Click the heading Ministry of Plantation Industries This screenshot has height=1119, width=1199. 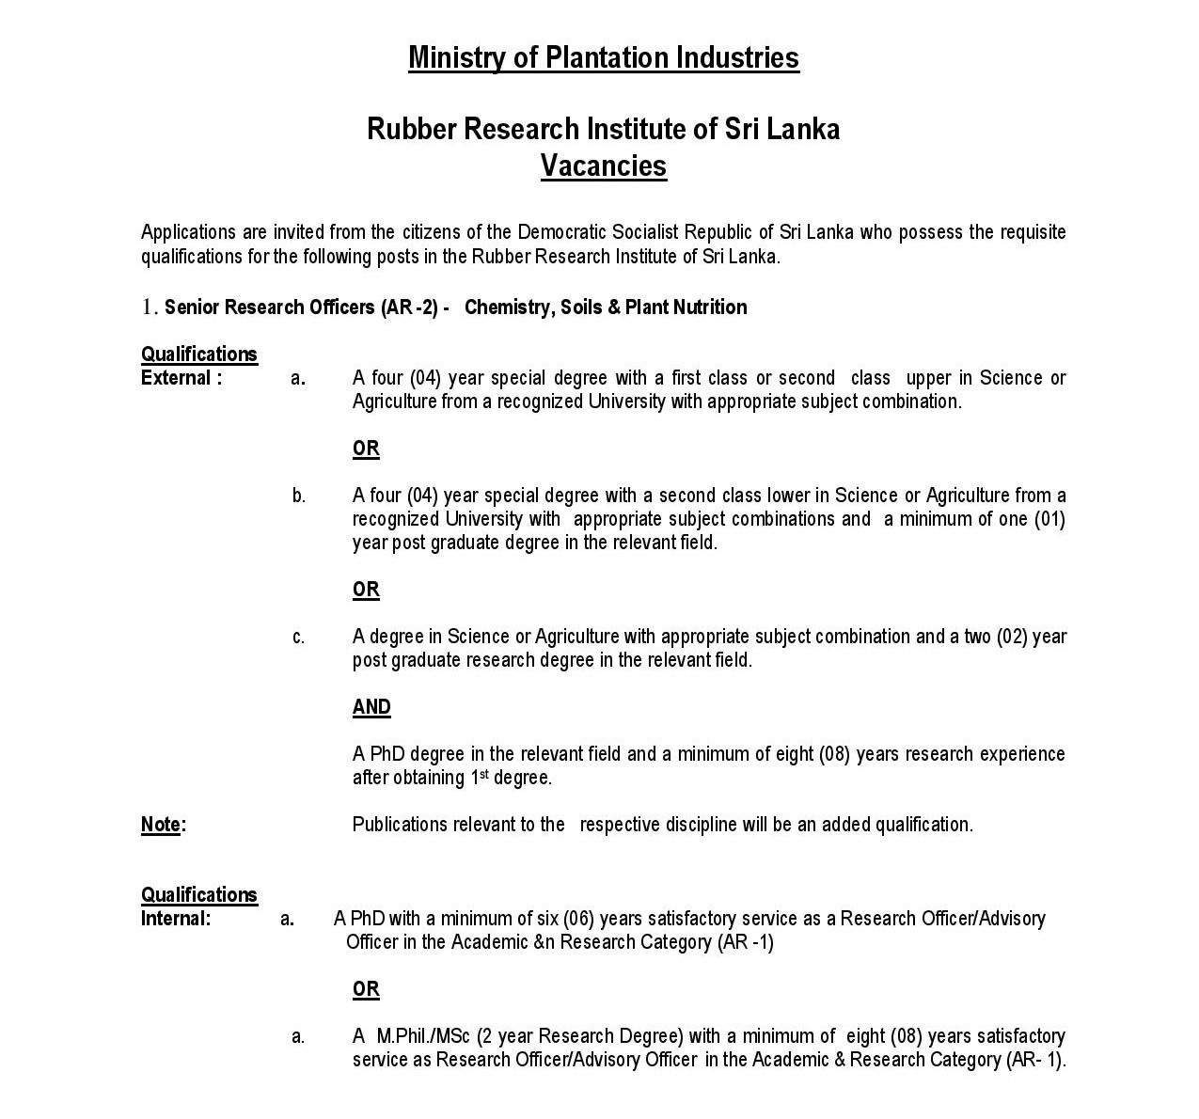pos(603,57)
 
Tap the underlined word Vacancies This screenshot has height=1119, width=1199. pos(603,166)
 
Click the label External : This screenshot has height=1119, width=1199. pos(181,378)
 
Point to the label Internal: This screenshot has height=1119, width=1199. pos(176,919)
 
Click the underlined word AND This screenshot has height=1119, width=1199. pos(371,707)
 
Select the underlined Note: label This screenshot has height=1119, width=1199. pos(163,825)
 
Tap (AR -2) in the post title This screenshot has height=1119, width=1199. pos(409,307)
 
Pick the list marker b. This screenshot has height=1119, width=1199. pos(298,496)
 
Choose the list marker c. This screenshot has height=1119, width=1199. pos(298,638)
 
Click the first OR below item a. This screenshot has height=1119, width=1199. pos(366,449)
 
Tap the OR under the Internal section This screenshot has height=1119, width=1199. pos(366,989)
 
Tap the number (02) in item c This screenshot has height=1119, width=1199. pos(1011,637)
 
